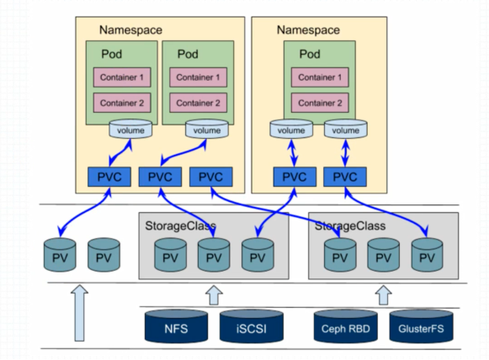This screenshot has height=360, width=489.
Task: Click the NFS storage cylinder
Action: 176,326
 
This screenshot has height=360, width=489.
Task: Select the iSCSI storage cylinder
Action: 252,326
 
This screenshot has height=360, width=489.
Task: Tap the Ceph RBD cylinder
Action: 346,326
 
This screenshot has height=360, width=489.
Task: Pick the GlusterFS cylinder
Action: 421,326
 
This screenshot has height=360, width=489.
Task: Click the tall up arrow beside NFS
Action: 79,313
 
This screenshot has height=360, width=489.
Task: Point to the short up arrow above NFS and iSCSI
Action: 214,295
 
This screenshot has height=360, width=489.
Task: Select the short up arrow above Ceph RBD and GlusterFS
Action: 383,295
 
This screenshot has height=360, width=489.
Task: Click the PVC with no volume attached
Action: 210,177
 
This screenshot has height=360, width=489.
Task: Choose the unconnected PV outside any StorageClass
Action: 104,255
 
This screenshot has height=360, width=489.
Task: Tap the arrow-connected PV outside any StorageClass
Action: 60,255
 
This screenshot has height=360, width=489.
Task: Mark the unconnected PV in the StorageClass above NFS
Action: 170,255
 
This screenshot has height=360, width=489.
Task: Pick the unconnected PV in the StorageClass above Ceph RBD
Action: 383,255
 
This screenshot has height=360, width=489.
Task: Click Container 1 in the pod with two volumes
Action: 320,77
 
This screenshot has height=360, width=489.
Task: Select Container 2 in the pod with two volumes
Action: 320,103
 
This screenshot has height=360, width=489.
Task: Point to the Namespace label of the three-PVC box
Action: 130,30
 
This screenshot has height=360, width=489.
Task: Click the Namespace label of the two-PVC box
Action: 308,30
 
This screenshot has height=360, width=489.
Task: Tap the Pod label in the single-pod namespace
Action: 310,54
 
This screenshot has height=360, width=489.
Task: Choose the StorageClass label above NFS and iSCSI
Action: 180,225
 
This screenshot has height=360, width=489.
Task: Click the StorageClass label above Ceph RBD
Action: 350,225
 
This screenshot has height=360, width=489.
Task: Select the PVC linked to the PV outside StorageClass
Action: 109,177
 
